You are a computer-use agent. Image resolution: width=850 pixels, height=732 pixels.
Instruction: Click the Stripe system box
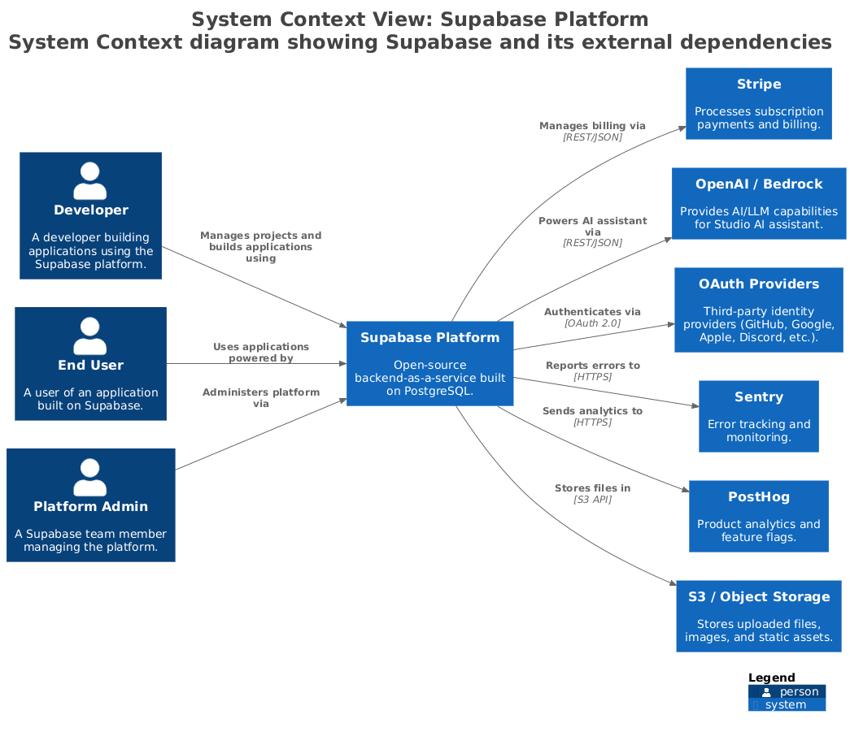tap(758, 103)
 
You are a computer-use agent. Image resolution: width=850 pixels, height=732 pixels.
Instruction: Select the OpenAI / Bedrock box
tap(758, 203)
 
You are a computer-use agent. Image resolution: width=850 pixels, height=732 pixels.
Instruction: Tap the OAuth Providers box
tap(758, 310)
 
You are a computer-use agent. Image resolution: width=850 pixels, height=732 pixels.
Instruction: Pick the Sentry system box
tap(758, 416)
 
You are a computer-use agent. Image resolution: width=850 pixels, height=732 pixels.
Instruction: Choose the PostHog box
tap(758, 516)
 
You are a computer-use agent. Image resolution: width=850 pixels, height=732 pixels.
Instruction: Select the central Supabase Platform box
tap(429, 363)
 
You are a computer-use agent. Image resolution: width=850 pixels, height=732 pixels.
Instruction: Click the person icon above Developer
tap(89, 180)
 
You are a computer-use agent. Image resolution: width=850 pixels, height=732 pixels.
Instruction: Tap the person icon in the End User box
tap(89, 336)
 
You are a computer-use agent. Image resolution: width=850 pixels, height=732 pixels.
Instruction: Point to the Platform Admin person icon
tap(89, 477)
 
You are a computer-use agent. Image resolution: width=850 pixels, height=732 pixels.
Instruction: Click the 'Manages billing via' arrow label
tap(592, 126)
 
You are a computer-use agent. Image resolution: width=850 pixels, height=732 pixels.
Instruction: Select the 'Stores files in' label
tap(592, 488)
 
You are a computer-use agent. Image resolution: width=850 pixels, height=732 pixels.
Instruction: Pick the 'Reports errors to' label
tap(592, 366)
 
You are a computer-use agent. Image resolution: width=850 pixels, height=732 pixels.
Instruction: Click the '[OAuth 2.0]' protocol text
tap(592, 323)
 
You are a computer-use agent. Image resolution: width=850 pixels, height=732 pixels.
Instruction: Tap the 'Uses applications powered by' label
tap(260, 352)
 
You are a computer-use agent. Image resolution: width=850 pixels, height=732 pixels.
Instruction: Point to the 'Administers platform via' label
tap(260, 397)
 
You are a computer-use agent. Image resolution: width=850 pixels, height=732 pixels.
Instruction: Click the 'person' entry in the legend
tap(798, 692)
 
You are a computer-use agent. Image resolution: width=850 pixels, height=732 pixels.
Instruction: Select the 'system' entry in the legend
tap(785, 705)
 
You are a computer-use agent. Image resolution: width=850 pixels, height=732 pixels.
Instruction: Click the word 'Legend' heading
tap(771, 678)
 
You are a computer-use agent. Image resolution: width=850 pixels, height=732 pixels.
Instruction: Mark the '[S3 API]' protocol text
tap(592, 500)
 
